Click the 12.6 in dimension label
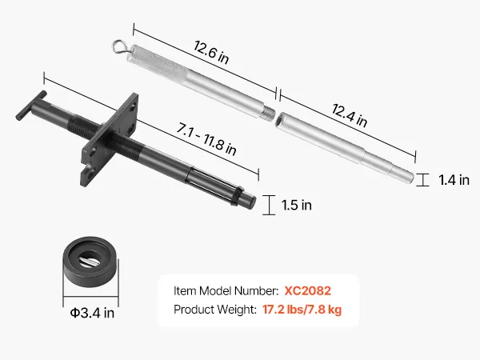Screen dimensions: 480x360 211,53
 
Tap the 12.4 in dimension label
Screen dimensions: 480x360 350,115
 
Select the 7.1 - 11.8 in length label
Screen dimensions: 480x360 206,139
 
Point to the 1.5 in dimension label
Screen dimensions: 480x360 296,205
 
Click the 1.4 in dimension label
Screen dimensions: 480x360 454,180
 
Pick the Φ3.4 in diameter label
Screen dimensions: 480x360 92,313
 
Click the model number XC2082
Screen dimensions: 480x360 308,291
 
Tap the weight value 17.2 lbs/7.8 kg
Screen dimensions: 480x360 302,310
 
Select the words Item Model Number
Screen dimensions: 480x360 226,291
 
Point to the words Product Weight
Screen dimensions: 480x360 215,310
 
